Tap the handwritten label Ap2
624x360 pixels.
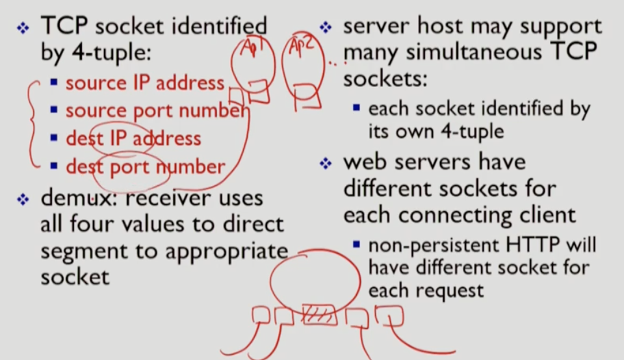[x=300, y=48]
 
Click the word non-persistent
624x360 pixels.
[x=426, y=246]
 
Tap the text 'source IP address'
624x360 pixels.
[x=144, y=83]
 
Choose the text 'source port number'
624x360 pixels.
[x=156, y=110]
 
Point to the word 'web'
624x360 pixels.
[x=367, y=162]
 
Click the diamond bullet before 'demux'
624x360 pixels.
[x=23, y=199]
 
